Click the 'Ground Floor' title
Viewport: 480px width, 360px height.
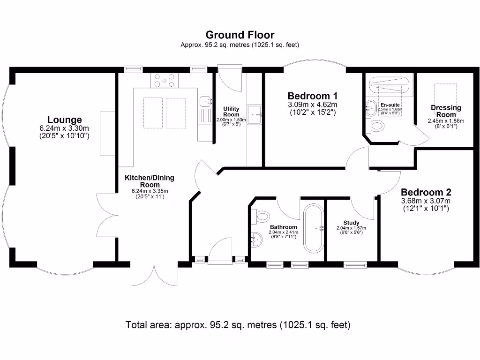click(x=240, y=35)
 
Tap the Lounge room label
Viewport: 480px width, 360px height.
click(x=64, y=120)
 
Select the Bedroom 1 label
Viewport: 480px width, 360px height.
click(x=312, y=95)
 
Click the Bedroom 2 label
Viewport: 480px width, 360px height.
click(x=426, y=192)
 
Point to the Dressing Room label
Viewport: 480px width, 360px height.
click(x=446, y=111)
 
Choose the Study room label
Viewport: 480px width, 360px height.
click(x=351, y=223)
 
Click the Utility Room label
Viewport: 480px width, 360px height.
click(x=231, y=112)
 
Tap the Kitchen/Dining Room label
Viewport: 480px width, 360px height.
click(x=149, y=181)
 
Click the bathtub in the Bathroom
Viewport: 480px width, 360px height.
click(x=313, y=228)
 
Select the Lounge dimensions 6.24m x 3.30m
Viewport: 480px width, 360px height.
click(x=64, y=128)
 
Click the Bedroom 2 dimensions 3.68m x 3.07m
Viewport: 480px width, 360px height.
click(x=426, y=201)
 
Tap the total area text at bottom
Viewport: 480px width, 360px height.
click(x=238, y=324)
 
